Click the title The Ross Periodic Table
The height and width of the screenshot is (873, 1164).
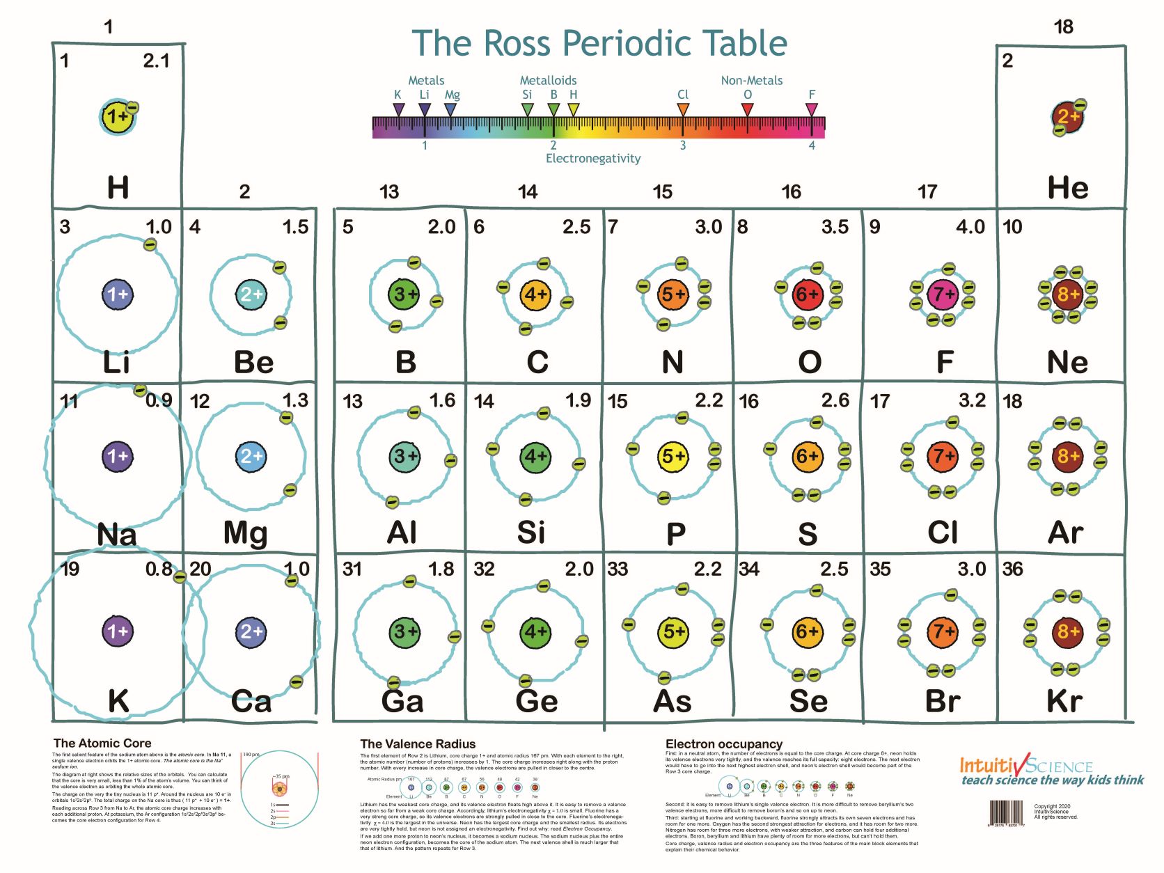599,43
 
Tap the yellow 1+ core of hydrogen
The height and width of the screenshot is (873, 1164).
118,117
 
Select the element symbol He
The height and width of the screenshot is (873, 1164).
1067,188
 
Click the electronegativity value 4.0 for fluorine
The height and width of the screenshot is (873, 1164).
970,227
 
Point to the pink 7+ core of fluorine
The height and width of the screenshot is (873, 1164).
943,294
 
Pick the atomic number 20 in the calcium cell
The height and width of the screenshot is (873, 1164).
200,569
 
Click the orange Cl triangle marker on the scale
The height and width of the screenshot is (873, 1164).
683,109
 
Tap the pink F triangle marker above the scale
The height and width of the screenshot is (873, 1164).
812,109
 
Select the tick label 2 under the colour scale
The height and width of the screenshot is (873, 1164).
553,145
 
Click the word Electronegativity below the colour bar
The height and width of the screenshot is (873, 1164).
593,159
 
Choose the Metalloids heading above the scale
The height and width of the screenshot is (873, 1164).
548,81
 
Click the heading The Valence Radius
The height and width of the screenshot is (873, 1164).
418,744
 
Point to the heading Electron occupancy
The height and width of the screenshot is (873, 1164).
723,744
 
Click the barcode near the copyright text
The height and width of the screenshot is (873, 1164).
1007,813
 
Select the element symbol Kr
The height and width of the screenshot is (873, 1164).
1064,701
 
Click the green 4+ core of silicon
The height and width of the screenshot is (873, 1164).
535,457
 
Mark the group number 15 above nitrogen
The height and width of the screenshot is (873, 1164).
662,192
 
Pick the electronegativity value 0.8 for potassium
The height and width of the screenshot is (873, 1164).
159,569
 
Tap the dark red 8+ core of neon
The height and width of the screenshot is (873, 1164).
1067,294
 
